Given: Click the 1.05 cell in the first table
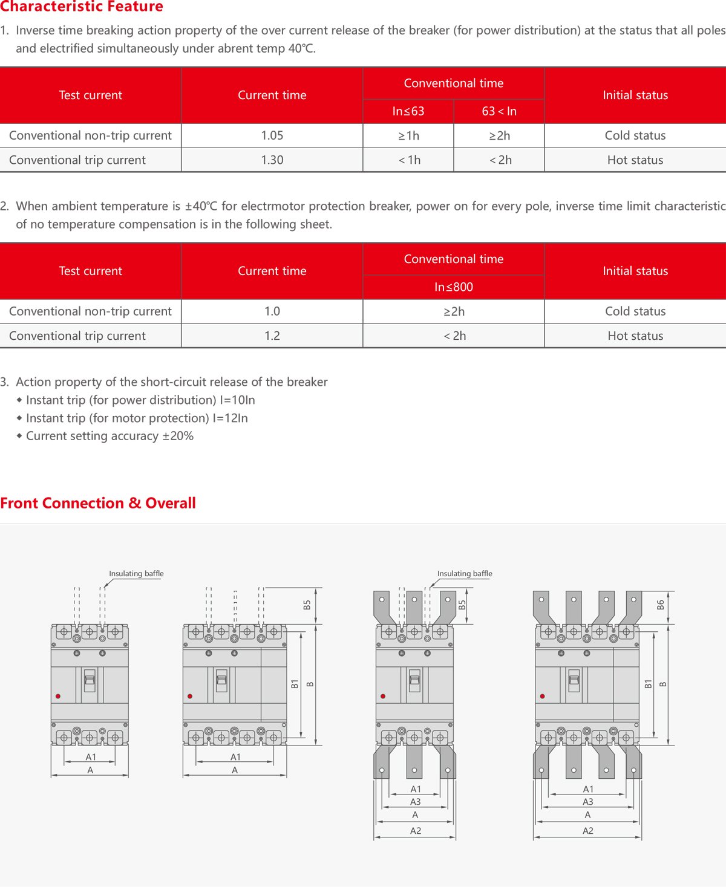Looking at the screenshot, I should click(272, 135).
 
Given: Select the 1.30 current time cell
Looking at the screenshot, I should click(272, 160).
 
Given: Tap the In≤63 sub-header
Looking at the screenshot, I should click(408, 111).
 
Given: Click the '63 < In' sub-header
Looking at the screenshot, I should click(499, 111).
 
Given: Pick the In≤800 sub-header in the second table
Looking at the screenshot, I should click(454, 287).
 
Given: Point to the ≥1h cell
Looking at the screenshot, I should click(408, 135).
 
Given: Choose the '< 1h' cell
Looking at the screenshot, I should click(409, 160).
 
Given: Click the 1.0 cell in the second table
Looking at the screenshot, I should click(272, 311).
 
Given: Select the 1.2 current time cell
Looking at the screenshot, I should click(272, 336).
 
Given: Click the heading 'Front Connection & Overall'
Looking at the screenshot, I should click(98, 503).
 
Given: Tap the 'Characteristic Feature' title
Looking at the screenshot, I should click(82, 7).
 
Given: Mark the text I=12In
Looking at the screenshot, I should click(231, 418).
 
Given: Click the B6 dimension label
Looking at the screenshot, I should click(661, 604).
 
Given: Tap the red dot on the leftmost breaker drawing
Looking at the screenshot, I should click(58, 697).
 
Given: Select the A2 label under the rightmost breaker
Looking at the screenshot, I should click(587, 831).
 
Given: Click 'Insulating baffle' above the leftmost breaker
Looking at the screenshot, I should click(136, 574).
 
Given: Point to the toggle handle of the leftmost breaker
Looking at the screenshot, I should click(90, 680).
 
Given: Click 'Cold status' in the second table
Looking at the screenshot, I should click(635, 311).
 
